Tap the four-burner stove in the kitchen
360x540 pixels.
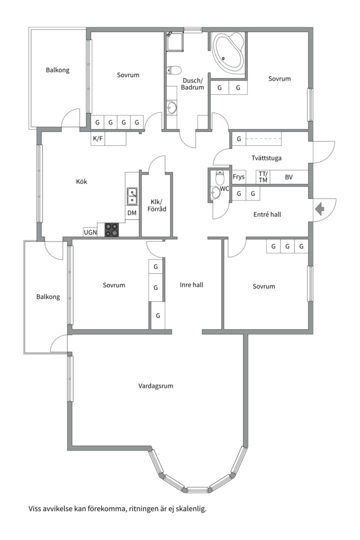(111, 229)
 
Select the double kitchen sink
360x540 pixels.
(132, 196)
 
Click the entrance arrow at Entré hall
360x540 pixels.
(319, 208)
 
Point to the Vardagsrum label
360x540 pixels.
(155, 385)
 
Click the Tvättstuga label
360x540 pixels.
(266, 158)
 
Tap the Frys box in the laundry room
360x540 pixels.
(238, 177)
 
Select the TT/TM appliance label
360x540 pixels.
(263, 177)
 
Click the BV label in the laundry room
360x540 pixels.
(288, 177)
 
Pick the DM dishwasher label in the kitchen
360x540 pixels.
(132, 213)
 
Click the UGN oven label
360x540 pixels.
(90, 232)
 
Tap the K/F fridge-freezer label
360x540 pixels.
(98, 139)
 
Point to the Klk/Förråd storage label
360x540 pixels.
(157, 205)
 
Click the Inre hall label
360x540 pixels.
(191, 285)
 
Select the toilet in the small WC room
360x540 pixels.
(219, 177)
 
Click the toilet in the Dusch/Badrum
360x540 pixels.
(173, 70)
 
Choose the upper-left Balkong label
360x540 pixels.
(57, 70)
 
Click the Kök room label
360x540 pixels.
(81, 181)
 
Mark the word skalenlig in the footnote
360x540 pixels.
(191, 508)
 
